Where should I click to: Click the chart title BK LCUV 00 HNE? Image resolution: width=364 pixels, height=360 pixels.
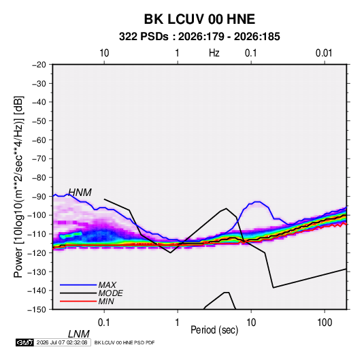click(199, 19)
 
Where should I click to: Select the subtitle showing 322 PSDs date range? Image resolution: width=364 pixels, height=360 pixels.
click(199, 37)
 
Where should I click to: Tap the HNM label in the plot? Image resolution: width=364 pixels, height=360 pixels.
click(80, 193)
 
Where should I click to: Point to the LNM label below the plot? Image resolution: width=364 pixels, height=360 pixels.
click(78, 334)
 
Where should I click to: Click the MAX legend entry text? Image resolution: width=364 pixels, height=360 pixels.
click(107, 284)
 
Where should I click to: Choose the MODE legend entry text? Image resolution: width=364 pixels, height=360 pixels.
click(110, 293)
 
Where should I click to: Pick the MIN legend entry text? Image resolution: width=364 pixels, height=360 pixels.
click(106, 301)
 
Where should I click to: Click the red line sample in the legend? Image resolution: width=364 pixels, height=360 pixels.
click(78, 301)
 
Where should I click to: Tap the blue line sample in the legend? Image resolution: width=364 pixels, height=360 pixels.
click(78, 284)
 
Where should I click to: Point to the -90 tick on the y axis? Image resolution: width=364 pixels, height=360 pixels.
click(39, 197)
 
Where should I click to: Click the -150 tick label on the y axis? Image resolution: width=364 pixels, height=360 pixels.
click(37, 310)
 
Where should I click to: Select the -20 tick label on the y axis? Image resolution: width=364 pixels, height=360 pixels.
click(39, 65)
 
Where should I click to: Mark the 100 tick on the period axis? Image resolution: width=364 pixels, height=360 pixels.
click(325, 323)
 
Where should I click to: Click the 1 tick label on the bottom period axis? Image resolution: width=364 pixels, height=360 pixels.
click(178, 323)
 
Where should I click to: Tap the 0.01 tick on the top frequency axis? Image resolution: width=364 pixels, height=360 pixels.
click(324, 53)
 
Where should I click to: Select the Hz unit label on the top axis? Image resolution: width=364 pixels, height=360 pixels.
click(214, 53)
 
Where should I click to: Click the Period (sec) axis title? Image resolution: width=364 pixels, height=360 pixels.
click(214, 330)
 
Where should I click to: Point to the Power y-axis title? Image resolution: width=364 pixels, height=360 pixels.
click(18, 187)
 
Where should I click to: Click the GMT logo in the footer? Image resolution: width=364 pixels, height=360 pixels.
click(25, 342)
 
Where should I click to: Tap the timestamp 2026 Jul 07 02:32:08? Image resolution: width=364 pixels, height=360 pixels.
click(62, 342)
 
